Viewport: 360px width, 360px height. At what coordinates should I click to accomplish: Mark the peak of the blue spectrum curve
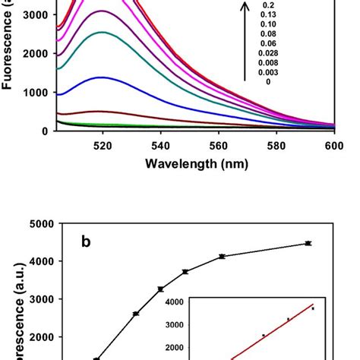(102, 77)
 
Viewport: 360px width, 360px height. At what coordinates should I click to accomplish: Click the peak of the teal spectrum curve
(102, 33)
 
